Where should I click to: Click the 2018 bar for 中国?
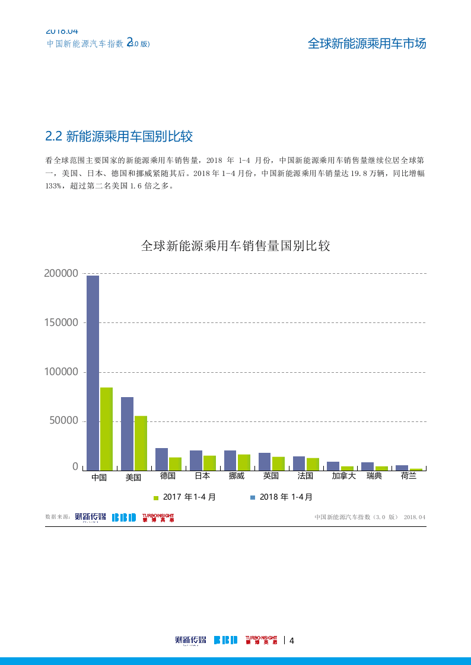tap(93, 373)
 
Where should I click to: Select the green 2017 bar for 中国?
tap(106, 429)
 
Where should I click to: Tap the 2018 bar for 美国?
tap(127, 433)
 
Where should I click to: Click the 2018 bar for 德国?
tap(161, 459)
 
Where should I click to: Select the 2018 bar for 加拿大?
tap(333, 466)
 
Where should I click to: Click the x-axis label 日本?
tap(202, 476)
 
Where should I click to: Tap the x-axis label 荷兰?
tap(409, 476)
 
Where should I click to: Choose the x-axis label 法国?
tap(305, 476)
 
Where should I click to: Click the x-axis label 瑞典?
tap(374, 476)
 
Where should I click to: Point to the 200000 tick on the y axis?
tap(61, 273)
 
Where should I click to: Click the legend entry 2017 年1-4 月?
tap(184, 497)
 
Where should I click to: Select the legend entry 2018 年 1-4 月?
tap(281, 497)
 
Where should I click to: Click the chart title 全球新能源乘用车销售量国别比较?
tap(235, 246)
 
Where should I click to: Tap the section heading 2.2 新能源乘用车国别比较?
tap(119, 136)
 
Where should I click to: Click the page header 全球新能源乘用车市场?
tap(367, 43)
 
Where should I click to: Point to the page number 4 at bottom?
tap(291, 640)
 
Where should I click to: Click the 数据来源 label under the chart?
tap(58, 517)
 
